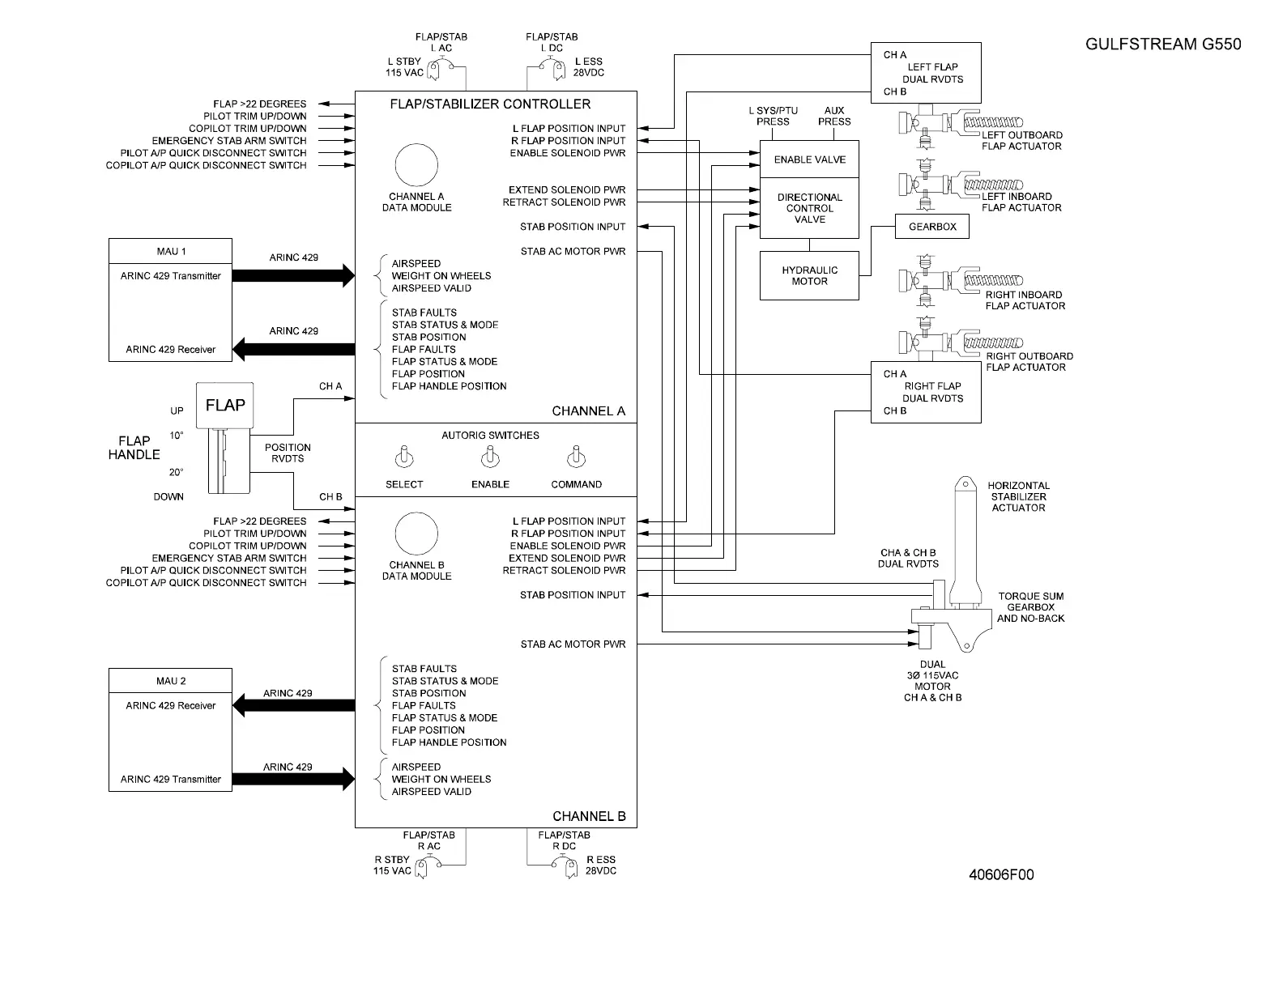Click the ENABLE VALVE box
pos(809,159)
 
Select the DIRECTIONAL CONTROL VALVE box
pos(809,208)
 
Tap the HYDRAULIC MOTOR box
pos(809,276)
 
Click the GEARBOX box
pos(932,227)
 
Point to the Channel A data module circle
pos(416,165)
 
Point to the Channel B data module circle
pos(416,534)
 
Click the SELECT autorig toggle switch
pos(403,458)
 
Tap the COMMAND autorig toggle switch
pos(576,458)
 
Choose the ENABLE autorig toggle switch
pos(490,458)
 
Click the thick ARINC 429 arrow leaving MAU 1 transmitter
pos(293,275)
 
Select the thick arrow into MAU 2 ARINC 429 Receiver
pos(293,706)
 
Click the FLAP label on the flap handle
pos(225,405)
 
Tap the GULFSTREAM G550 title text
pos(1162,45)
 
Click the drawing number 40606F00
pos(1001,874)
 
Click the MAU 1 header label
pos(171,251)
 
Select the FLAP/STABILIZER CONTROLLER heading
pos(490,104)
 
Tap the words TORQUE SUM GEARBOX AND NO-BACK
pos(1030,607)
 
